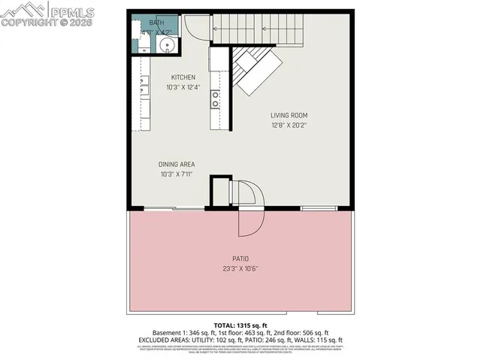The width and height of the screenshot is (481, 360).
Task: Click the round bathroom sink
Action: pos(168,46)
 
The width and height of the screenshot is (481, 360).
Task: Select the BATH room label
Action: pos(156,23)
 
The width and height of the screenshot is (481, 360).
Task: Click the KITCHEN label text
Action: pos(183,77)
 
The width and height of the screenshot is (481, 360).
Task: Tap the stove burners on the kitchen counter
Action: pos(215,98)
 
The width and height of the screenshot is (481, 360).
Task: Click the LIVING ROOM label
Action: pos(289,115)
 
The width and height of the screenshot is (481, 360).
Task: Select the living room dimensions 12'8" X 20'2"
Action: pos(289,126)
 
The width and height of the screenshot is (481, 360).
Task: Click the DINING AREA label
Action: pos(177,165)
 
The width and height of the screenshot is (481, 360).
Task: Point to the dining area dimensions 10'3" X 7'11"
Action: pos(177,175)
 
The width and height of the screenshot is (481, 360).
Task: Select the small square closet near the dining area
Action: pos(219,192)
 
